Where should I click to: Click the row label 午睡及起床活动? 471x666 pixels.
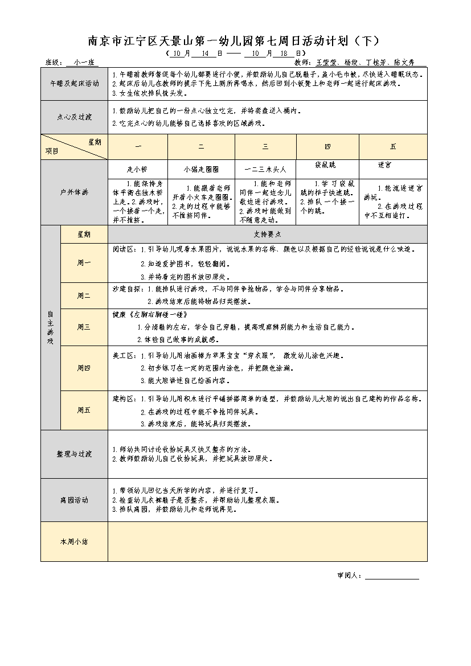pyautogui.click(x=74, y=83)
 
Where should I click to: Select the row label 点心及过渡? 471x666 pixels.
pyautogui.click(x=74, y=117)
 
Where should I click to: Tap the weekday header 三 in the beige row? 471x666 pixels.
pyautogui.click(x=265, y=147)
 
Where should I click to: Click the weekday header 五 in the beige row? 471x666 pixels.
pyautogui.click(x=393, y=147)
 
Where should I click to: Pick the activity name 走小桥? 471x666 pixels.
pyautogui.click(x=137, y=169)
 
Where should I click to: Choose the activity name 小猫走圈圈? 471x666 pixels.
pyautogui.click(x=201, y=169)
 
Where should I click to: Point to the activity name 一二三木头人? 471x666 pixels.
pyautogui.click(x=265, y=169)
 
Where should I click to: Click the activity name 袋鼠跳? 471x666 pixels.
pyautogui.click(x=325, y=165)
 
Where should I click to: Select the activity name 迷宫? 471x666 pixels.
pyautogui.click(x=384, y=165)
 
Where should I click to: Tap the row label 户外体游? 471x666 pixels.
pyautogui.click(x=74, y=192)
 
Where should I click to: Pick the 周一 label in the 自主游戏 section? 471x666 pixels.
pyautogui.click(x=84, y=262)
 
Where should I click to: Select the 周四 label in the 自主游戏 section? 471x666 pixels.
pyautogui.click(x=84, y=368)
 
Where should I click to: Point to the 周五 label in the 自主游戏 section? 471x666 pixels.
pyautogui.click(x=84, y=410)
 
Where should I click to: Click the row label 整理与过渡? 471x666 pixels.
pyautogui.click(x=74, y=454)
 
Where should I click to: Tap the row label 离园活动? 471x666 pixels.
pyautogui.click(x=74, y=500)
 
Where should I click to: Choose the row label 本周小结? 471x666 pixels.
pyautogui.click(x=74, y=541)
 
